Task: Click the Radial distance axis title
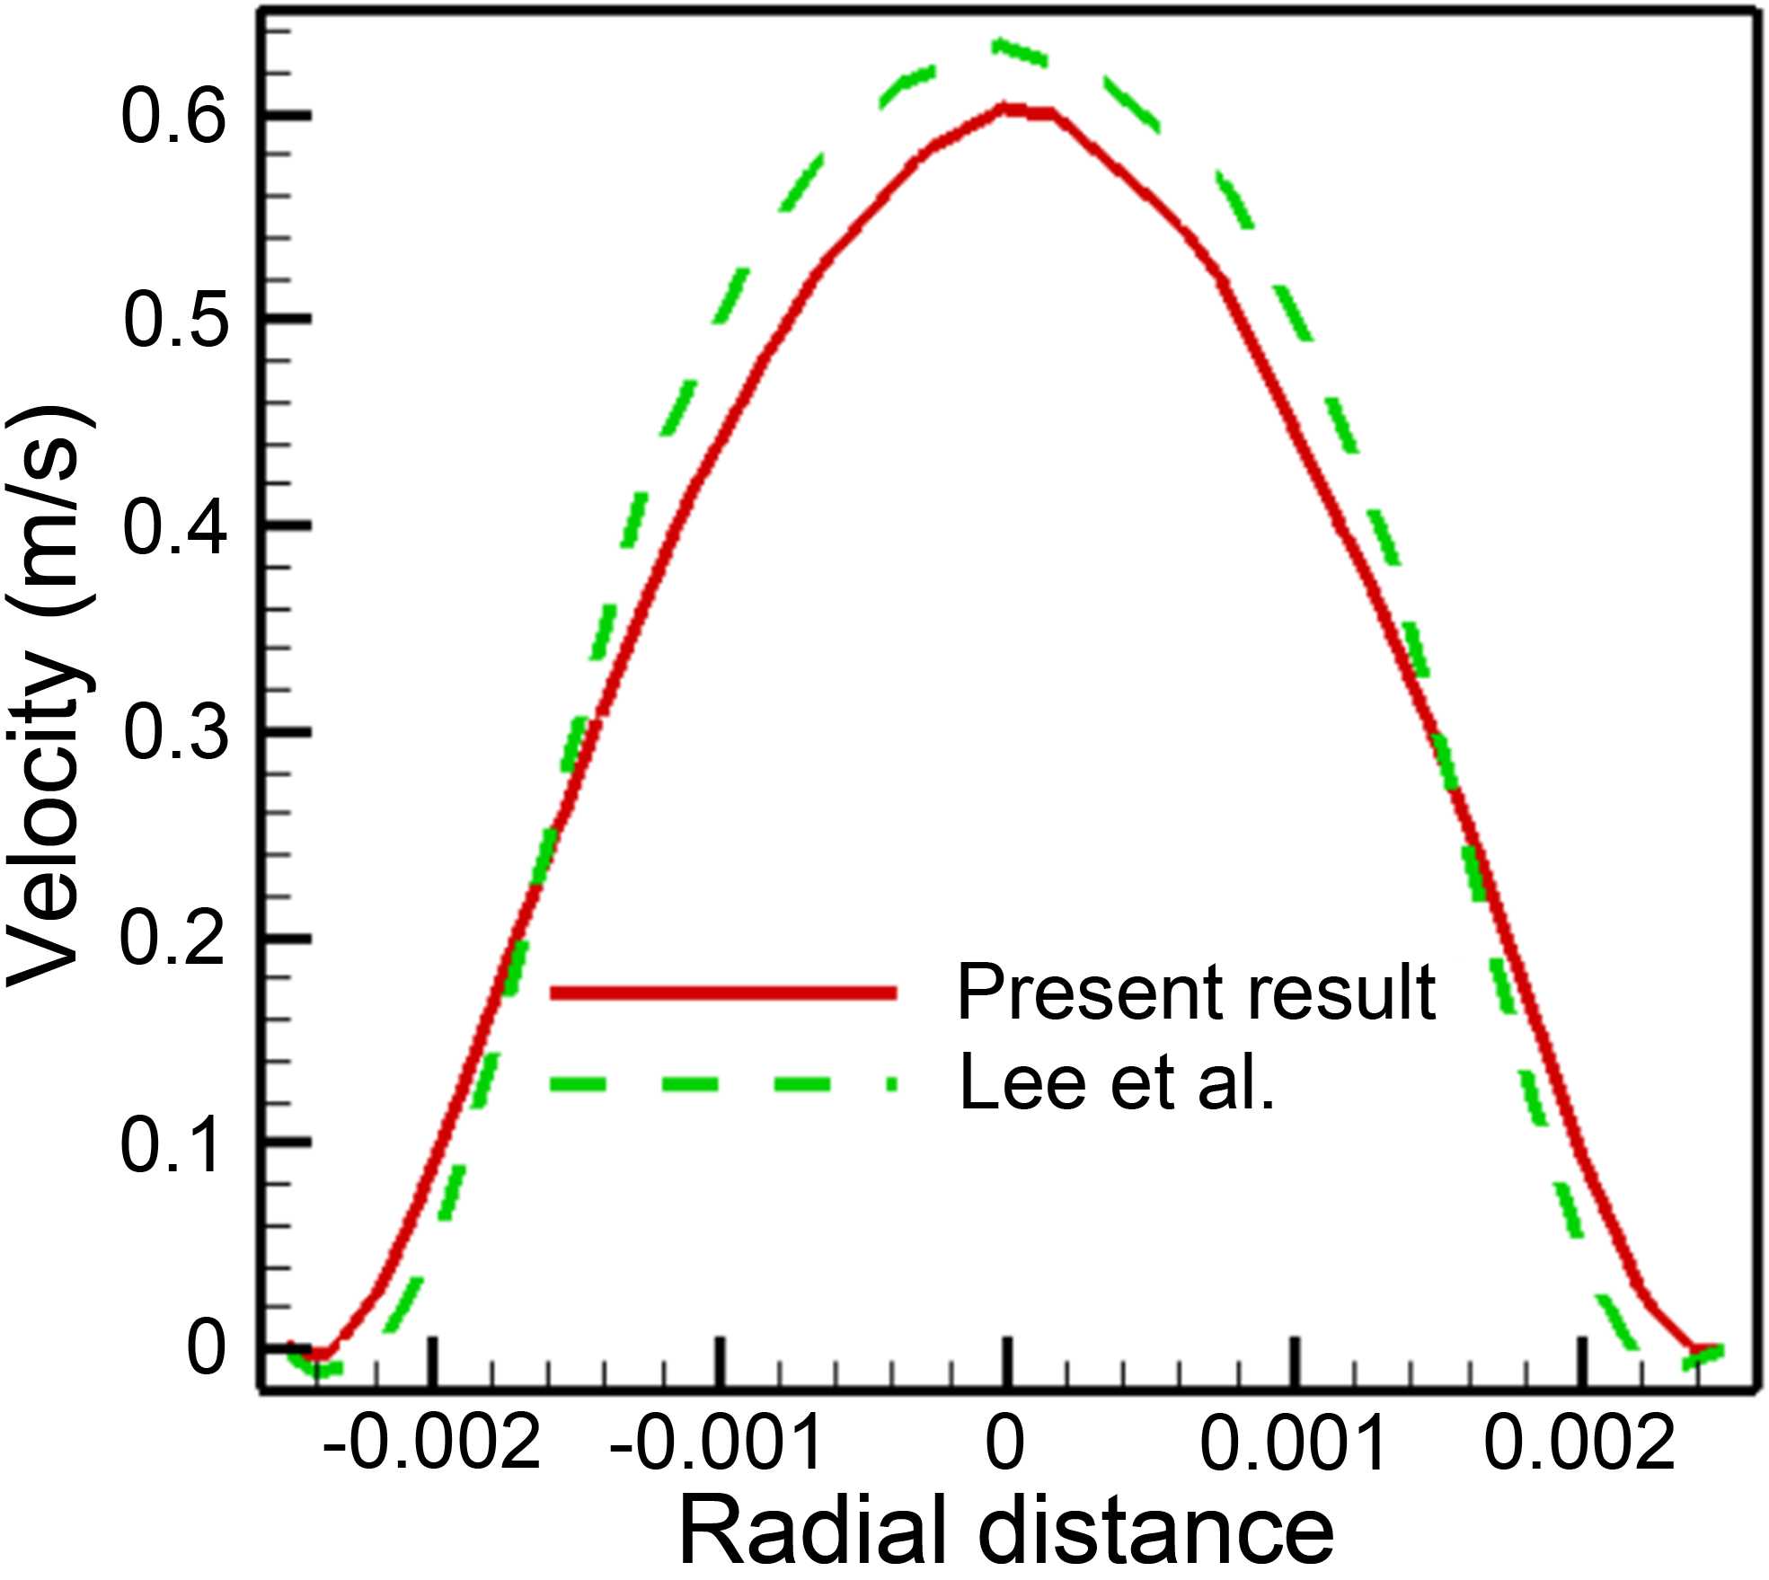1006,1534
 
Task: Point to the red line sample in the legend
723,993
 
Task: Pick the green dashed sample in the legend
723,1084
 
